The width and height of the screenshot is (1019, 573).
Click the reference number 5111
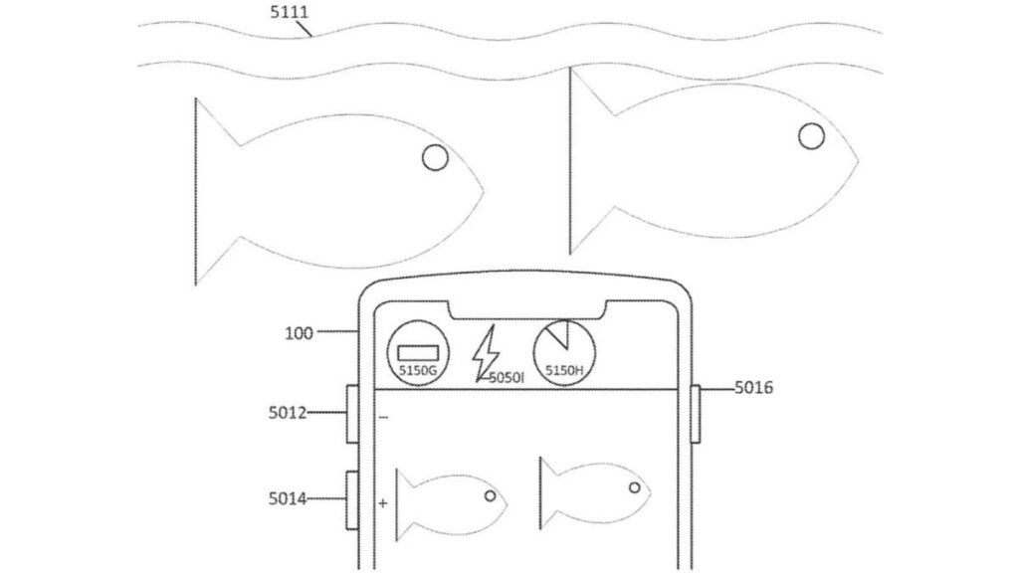pyautogui.click(x=290, y=12)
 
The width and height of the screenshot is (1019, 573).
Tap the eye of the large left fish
pyautogui.click(x=435, y=157)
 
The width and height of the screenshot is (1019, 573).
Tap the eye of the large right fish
pyautogui.click(x=811, y=136)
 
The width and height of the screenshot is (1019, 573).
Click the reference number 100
pyautogui.click(x=299, y=333)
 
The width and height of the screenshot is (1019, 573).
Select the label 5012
pyautogui.click(x=288, y=413)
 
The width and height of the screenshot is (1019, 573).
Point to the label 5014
pyautogui.click(x=288, y=499)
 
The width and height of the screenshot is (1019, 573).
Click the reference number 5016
pyautogui.click(x=754, y=388)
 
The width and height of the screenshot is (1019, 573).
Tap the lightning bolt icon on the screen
pyautogui.click(x=486, y=353)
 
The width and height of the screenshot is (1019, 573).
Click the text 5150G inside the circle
pyautogui.click(x=418, y=371)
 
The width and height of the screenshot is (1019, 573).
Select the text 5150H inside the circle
pyautogui.click(x=564, y=371)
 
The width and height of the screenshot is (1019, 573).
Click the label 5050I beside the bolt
pyautogui.click(x=507, y=377)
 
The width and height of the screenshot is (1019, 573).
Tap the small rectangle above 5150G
pyautogui.click(x=418, y=353)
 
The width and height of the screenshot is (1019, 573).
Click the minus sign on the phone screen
pyautogui.click(x=383, y=417)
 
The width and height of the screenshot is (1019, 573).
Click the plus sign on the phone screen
pyautogui.click(x=383, y=502)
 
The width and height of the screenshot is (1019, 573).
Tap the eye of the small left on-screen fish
pyautogui.click(x=490, y=496)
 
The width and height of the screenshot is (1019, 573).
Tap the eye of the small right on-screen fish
pyautogui.click(x=634, y=487)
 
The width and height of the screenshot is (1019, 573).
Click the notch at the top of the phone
pyautogui.click(x=527, y=310)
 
